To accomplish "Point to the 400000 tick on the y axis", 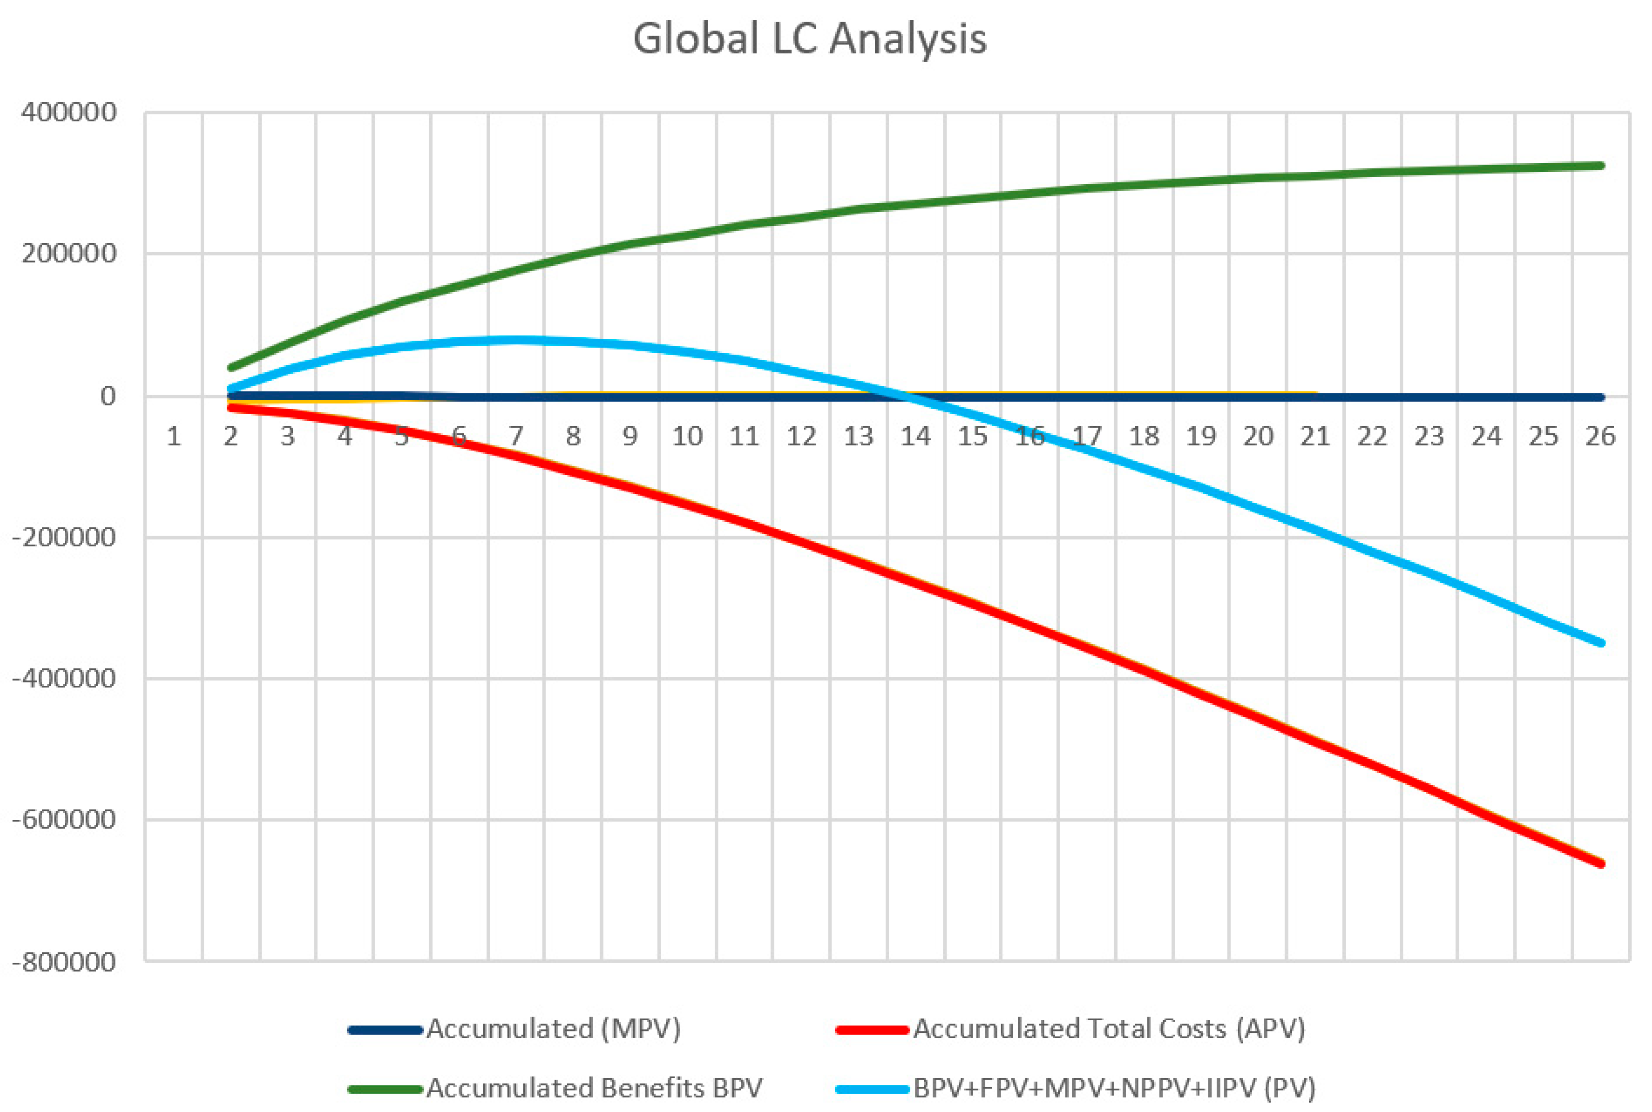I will pos(69,112).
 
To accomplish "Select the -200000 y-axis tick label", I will pos(64,537).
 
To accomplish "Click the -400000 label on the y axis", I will pos(64,678).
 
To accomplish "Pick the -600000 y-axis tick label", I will pos(64,820).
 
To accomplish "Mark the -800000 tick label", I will pos(64,962).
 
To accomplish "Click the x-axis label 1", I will pos(174,436).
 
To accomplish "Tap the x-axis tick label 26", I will pos(1600,436).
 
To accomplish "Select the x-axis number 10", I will pos(687,436).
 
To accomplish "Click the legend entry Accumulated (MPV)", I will pos(553,1029).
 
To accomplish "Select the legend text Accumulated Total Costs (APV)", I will pos(1109,1029).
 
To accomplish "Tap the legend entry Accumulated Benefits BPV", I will pos(594,1088).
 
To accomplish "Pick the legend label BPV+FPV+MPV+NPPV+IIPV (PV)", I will pos(1114,1088).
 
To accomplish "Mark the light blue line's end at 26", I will pos(1601,643).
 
